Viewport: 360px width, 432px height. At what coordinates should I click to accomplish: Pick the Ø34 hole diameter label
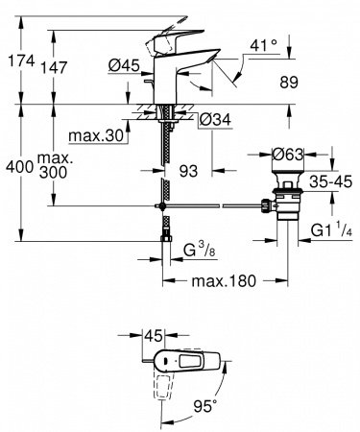213,120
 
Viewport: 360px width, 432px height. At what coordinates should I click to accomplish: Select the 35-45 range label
328,179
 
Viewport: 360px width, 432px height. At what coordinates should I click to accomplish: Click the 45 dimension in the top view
154,337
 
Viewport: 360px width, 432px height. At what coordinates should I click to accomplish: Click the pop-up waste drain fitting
284,192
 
